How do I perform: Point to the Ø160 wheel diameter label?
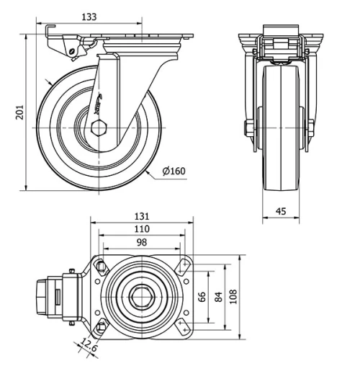[x=174, y=171]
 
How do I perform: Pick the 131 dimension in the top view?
[x=141, y=215]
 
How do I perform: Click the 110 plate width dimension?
[x=141, y=229]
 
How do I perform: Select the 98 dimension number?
[x=141, y=243]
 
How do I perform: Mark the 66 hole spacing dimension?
[x=202, y=296]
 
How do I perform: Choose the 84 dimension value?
[x=217, y=296]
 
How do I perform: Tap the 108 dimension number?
[x=233, y=296]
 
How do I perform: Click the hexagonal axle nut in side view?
[x=99, y=128]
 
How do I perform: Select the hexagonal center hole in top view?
[x=142, y=296]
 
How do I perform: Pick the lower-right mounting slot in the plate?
[x=181, y=327]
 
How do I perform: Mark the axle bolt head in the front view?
[x=249, y=129]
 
